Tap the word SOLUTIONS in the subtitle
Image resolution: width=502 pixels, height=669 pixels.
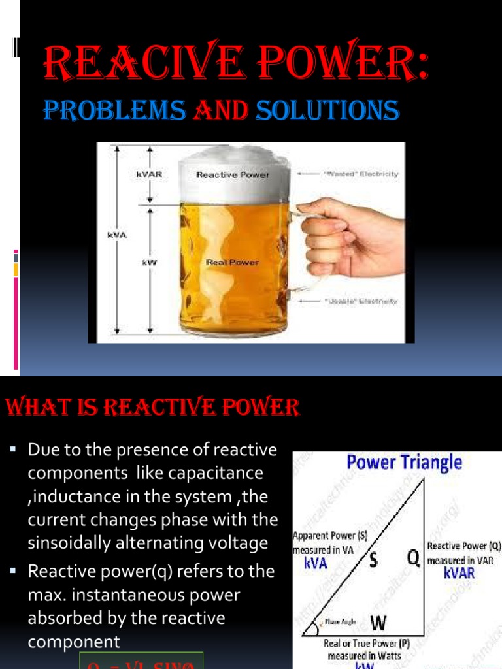coord(327,110)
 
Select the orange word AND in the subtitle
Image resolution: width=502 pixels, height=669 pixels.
coord(220,110)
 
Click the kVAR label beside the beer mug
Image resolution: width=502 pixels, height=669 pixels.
coord(150,175)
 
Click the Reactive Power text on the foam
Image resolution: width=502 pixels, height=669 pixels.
coord(232,175)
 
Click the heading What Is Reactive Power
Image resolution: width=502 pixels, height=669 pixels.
coord(152,409)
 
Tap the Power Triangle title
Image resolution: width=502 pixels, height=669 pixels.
coord(404,463)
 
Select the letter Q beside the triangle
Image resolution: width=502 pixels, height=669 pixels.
coord(412,557)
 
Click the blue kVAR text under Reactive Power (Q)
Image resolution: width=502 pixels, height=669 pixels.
coord(459,574)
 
